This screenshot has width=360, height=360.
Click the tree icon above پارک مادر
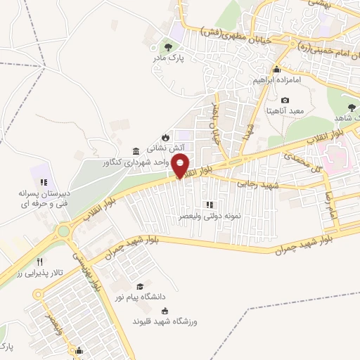pos(167,47)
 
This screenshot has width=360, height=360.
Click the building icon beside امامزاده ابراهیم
pos(277,69)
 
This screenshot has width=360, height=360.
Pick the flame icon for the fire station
pos(165,137)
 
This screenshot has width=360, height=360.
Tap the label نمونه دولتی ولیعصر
pos(208,217)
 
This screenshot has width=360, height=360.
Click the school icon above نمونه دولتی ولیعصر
pos(209,205)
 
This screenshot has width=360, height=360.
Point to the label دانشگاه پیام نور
pos(141,298)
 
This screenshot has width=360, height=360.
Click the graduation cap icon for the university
pos(141,286)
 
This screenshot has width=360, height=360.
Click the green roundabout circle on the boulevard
pos(65,230)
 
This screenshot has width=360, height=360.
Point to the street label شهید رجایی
pos(258,184)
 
